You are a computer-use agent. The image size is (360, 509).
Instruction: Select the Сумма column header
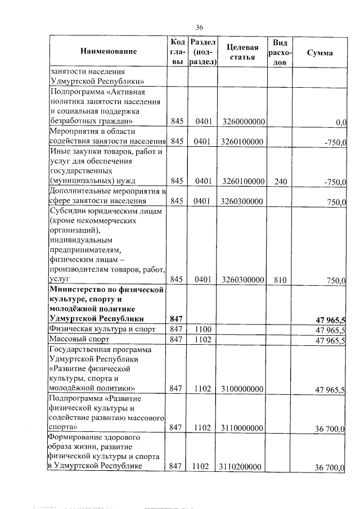tap(319, 52)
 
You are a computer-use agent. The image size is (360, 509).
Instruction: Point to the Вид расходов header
tap(279, 52)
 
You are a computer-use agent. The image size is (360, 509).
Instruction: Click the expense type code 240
tap(279, 181)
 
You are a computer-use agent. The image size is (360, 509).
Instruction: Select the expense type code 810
tap(279, 280)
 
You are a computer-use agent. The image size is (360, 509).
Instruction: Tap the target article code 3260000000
tap(244, 121)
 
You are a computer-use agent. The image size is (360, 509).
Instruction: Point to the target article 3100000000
tap(244, 389)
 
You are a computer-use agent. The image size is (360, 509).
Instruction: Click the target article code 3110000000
tap(244, 428)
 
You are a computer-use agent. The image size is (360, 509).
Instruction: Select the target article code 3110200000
tap(244, 466)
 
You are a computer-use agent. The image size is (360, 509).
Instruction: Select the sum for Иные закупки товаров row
tap(335, 182)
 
